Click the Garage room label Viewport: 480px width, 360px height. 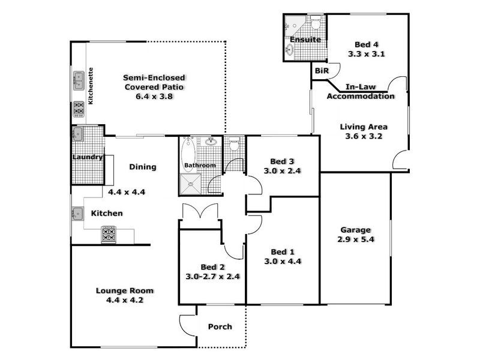[355, 230]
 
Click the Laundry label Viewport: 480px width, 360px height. [88, 157]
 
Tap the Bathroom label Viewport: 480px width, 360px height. [199, 165]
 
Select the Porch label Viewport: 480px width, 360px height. [220, 327]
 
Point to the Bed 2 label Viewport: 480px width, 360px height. [212, 267]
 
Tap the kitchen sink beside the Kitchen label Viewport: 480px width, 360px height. [78, 212]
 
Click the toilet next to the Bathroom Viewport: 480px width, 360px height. [234, 145]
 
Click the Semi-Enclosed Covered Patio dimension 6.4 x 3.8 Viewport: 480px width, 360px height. [154, 96]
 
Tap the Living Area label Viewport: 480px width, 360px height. [364, 127]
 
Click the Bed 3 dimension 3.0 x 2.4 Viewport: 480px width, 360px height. [281, 170]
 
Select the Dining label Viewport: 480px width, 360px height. [142, 167]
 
